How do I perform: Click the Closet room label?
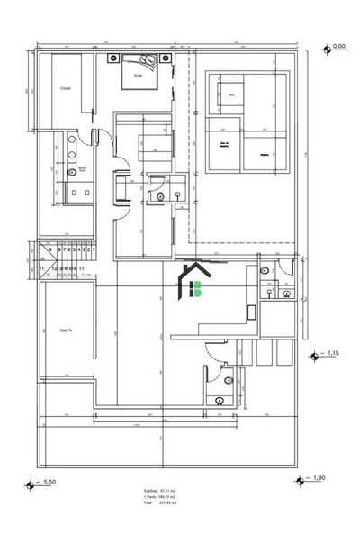click(x=66, y=88)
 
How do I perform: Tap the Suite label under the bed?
click(x=138, y=77)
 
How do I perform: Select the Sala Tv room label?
click(x=65, y=330)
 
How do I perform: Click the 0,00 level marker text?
click(x=339, y=45)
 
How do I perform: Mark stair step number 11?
click(x=40, y=268)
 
